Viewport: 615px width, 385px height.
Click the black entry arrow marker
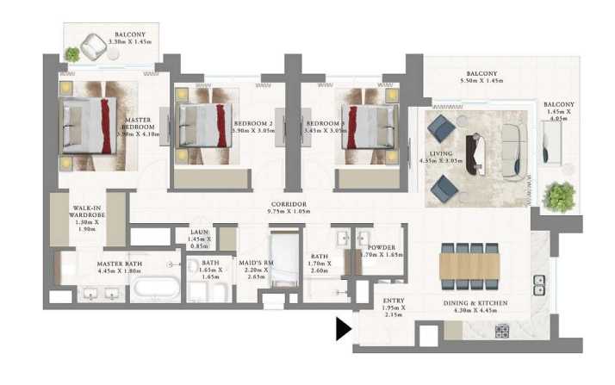344,329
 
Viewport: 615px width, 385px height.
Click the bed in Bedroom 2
204,127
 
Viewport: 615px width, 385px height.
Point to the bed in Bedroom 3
365,127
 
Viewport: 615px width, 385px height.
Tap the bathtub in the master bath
155,288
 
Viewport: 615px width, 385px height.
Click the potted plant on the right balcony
559,196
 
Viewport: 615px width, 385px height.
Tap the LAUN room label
198,234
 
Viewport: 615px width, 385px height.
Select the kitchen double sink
539,286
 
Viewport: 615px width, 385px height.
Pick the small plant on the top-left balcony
72,54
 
